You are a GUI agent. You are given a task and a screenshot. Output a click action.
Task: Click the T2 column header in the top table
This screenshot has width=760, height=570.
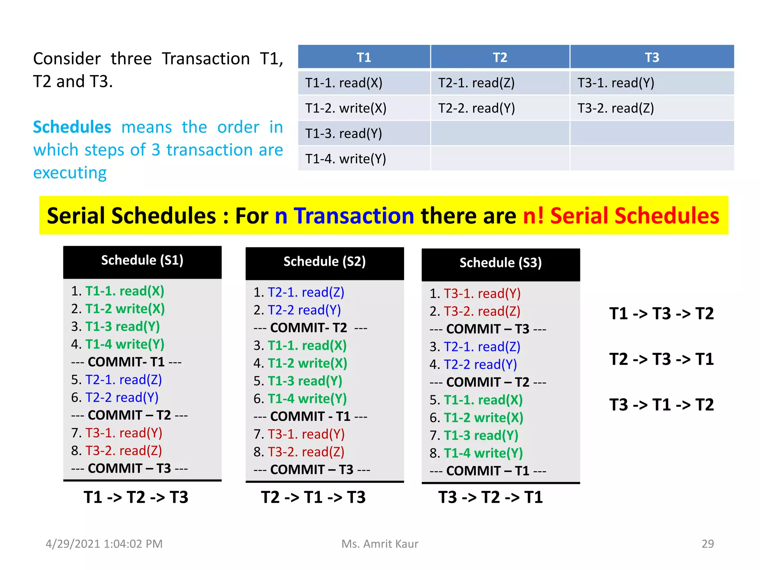tap(500, 58)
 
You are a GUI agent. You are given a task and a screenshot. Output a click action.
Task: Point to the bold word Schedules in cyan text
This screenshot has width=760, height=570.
tap(72, 127)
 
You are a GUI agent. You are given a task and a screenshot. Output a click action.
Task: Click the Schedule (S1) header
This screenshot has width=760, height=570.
tap(142, 261)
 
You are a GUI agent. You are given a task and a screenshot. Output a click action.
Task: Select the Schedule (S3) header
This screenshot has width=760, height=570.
tap(501, 263)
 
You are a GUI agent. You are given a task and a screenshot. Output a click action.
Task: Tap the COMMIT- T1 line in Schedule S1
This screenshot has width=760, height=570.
tap(126, 362)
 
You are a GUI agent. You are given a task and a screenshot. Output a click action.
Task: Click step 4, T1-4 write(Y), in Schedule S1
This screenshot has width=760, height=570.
tap(118, 344)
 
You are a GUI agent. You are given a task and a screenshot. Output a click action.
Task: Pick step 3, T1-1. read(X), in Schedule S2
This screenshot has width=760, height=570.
tap(300, 346)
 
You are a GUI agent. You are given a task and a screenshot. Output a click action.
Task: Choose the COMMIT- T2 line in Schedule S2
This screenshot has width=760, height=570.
tap(310, 328)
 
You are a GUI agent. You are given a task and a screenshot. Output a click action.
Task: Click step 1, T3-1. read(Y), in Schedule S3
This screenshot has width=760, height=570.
tap(475, 294)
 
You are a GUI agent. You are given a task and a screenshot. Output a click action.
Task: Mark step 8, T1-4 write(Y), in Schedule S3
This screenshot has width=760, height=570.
tap(476, 453)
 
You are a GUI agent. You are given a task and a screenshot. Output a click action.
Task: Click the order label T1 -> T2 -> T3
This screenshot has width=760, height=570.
tap(136, 497)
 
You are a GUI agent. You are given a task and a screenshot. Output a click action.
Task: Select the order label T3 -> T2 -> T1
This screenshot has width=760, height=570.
tap(490, 497)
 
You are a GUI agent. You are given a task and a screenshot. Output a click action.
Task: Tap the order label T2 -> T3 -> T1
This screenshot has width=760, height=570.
tap(661, 359)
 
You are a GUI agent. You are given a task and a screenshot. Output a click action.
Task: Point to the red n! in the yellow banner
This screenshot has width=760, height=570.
tap(533, 216)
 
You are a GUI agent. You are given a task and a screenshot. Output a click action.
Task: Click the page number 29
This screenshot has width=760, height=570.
tap(707, 544)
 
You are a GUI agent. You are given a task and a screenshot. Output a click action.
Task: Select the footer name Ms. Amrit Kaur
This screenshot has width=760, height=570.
tap(380, 544)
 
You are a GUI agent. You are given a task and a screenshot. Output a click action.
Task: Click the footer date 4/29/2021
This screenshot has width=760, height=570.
tap(73, 544)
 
